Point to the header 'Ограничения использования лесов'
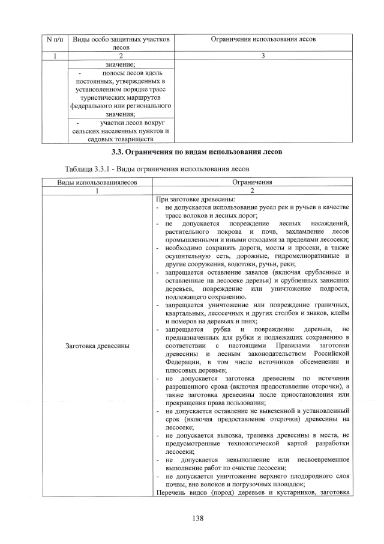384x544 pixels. [x=263, y=39]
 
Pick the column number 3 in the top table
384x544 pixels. [x=263, y=56]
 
